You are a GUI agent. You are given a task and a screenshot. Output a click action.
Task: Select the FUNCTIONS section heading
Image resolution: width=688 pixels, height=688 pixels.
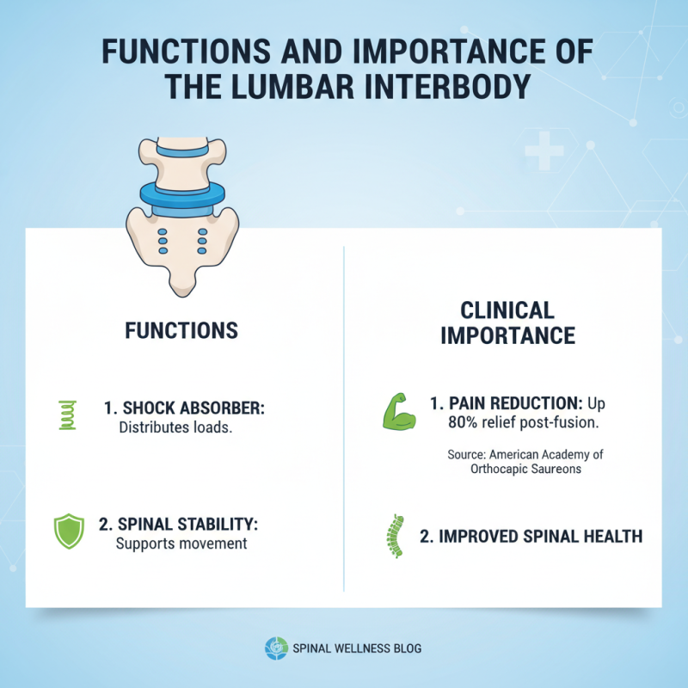[x=181, y=331]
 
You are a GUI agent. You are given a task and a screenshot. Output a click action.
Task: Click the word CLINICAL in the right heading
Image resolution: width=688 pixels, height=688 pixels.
[x=507, y=310]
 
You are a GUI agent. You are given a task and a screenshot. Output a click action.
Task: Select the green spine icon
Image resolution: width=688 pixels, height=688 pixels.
[x=396, y=537]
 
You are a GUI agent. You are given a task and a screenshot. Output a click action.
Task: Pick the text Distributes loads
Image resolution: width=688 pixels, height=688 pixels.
[x=175, y=427]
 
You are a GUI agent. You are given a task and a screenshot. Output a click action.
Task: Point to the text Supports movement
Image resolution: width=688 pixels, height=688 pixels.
[x=181, y=544]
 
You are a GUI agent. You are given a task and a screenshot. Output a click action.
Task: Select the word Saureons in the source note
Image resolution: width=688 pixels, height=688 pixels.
[x=555, y=469]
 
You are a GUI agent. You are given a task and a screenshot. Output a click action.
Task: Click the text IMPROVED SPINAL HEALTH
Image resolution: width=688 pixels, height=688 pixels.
[x=531, y=537]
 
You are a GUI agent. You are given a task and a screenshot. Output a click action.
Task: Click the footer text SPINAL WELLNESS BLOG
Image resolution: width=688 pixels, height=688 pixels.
[x=357, y=648]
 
